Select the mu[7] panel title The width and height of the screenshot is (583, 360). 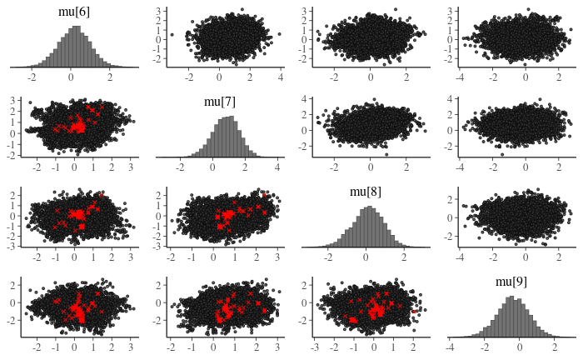tap(220, 102)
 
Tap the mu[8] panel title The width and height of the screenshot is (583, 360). tap(365, 192)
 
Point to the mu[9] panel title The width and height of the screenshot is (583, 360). tap(511, 282)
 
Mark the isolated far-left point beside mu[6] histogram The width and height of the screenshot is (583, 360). tap(172, 34)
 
